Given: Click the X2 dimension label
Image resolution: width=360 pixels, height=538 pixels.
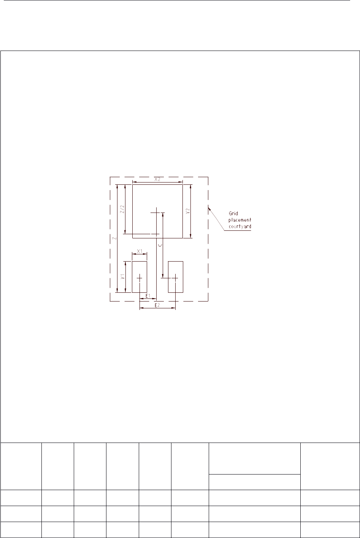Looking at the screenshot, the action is [157, 179].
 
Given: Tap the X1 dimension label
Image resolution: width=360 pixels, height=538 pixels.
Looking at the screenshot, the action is [140, 251].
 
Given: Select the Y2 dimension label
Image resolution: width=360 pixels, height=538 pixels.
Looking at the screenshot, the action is [188, 211].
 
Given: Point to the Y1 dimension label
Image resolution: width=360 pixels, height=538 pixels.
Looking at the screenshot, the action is [122, 276].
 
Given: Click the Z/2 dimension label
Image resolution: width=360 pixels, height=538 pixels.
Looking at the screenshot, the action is [122, 209].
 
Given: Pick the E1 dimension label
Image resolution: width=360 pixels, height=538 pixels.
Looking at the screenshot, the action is [148, 296].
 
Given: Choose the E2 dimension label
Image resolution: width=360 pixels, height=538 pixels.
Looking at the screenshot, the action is [157, 305].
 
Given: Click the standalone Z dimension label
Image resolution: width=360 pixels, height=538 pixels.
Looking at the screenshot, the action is [114, 238].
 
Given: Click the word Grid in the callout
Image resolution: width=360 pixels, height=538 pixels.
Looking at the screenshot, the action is [233, 213].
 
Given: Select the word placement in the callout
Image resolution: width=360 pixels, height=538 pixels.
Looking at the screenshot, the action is [239, 220].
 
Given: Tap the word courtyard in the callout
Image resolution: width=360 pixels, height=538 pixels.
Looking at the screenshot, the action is [239, 227].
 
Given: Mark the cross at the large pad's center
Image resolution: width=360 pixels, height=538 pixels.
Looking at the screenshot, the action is [156, 213].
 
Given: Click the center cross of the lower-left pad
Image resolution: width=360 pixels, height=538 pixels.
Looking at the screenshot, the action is [140, 278].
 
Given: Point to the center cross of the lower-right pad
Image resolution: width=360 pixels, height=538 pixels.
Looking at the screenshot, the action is [175, 278].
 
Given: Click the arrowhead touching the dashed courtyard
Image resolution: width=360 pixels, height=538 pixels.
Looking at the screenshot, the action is [209, 208].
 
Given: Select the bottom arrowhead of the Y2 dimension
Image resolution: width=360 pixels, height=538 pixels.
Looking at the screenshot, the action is [190, 236].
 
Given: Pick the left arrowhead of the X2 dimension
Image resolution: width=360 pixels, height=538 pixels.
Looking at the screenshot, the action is [135, 182].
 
